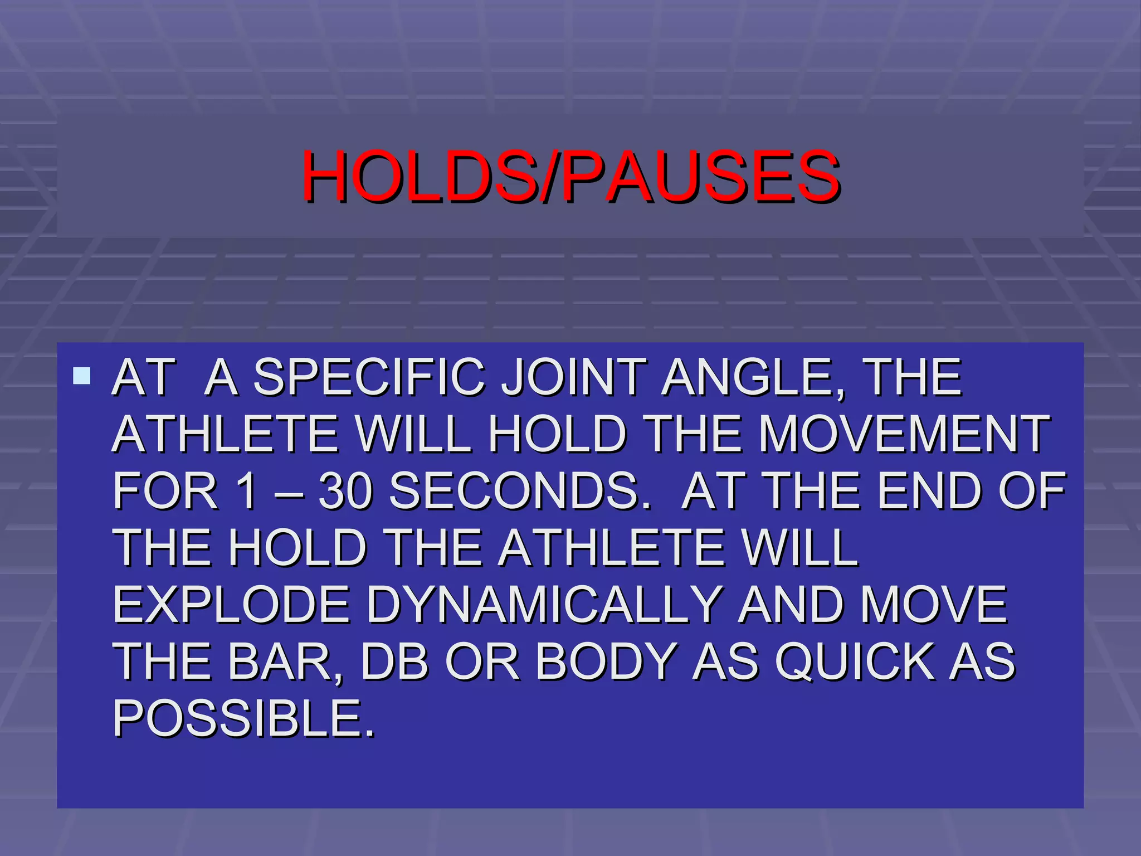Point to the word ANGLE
pos(752,377)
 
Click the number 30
pos(345,491)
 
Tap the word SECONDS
pos(518,491)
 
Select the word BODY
pos(605,662)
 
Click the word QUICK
pos(855,662)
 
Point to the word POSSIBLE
pos(243,718)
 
